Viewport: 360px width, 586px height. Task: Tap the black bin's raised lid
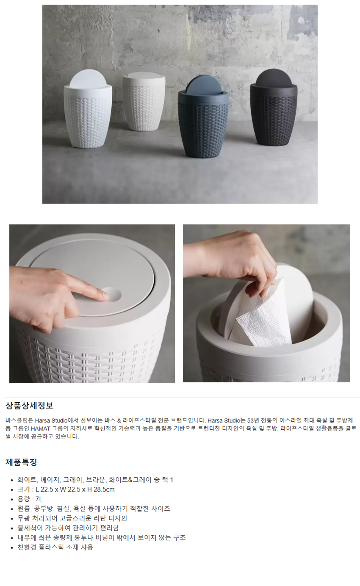tap(274, 78)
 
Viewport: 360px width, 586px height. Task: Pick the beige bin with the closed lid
tap(144, 102)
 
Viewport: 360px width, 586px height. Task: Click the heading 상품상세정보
tap(29, 406)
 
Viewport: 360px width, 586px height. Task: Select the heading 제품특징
tap(21, 462)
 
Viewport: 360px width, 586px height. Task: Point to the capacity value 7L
tap(39, 499)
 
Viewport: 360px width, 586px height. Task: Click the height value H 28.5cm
tap(101, 489)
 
